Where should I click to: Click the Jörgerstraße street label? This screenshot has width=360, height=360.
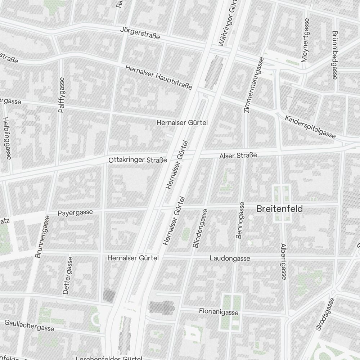[140, 33]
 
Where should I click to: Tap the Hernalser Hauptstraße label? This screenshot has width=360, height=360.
[159, 77]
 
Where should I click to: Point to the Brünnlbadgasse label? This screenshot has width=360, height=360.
[335, 55]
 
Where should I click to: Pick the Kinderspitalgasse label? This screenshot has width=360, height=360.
[310, 127]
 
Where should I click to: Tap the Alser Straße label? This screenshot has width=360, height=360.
[238, 156]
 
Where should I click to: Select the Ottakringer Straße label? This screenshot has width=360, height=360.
[138, 160]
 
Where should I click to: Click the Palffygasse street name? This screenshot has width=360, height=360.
[61, 95]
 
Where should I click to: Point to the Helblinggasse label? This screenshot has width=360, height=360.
[7, 138]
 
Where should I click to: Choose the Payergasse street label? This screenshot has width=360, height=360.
[75, 213]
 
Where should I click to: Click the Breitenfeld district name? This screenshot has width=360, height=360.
[279, 209]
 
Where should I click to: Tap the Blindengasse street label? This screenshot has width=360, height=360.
[200, 228]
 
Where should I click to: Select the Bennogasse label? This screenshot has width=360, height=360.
[240, 220]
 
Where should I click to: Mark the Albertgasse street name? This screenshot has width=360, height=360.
[283, 261]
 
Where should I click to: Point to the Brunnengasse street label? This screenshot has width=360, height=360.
[42, 236]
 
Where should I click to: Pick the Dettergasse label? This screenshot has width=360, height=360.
[67, 275]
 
